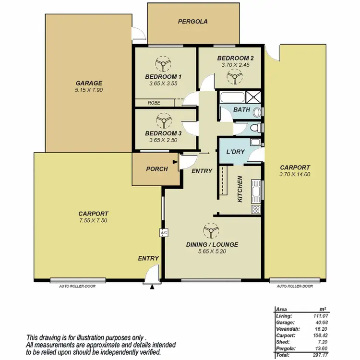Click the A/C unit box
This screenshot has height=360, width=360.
tap(163, 233)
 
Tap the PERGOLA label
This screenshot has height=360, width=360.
tap(192, 22)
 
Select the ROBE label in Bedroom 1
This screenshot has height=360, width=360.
tap(154, 103)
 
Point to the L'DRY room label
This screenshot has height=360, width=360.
tap(236, 152)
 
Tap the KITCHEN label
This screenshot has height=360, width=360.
tap(240, 189)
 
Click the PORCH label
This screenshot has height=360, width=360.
tap(157, 169)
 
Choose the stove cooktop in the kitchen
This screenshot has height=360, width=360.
tap(256, 209)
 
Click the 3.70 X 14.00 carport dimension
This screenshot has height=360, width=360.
tap(295, 175)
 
